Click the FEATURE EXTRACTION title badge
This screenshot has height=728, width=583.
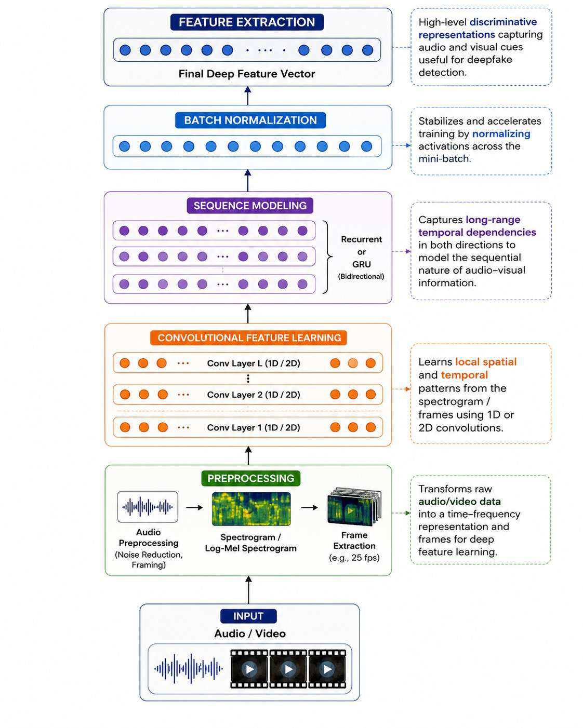(x=247, y=22)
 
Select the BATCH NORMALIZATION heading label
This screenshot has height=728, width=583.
(x=250, y=120)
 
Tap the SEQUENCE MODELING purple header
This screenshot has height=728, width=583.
(x=250, y=205)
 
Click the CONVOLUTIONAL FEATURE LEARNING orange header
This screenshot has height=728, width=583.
(x=248, y=338)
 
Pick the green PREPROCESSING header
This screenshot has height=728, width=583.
(x=251, y=478)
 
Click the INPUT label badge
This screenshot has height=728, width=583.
(x=248, y=616)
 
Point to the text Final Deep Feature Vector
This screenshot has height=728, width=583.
(x=247, y=74)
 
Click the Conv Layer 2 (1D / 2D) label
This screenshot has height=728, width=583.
(x=254, y=395)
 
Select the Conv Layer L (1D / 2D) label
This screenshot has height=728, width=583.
(x=254, y=363)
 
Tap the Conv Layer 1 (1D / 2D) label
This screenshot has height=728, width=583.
(x=254, y=427)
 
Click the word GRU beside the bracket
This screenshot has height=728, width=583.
(x=362, y=264)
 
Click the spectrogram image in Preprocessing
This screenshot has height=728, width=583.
(x=251, y=509)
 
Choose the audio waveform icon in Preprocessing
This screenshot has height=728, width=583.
(x=148, y=507)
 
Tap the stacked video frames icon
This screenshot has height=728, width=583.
(x=354, y=507)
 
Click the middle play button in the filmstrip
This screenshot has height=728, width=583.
(x=288, y=669)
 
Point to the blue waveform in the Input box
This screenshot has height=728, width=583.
(x=189, y=668)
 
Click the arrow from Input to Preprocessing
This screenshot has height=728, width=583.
(x=248, y=590)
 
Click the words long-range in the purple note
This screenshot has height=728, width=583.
(x=493, y=220)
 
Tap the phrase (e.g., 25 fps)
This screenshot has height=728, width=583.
(x=354, y=558)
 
